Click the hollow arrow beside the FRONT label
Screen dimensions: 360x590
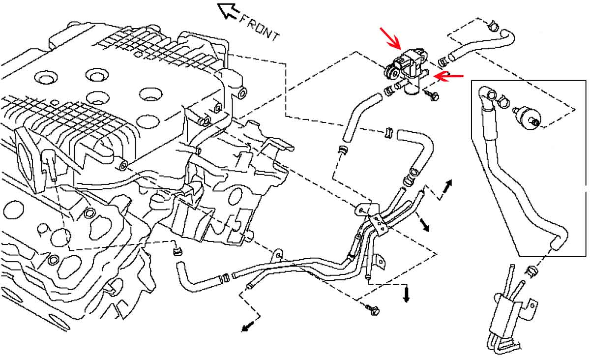coord(228,10)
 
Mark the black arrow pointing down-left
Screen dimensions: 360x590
coord(248,326)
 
